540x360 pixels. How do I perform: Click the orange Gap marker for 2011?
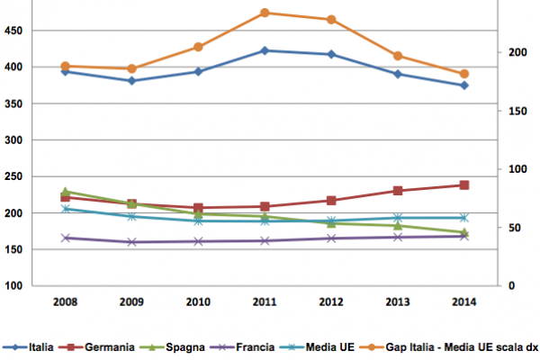point(265,13)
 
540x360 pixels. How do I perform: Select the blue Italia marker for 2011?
point(265,50)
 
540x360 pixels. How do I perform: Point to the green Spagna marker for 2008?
point(65,192)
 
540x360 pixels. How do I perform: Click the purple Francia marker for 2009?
point(131,242)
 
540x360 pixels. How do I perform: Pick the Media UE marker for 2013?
point(398,218)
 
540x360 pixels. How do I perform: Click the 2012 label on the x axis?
point(331,303)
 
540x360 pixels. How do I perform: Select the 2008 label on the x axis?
point(65,303)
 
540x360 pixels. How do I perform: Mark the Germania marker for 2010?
point(198,208)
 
